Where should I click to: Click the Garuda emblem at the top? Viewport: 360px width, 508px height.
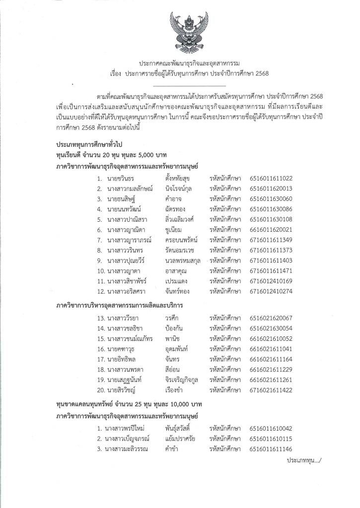click(179, 32)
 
